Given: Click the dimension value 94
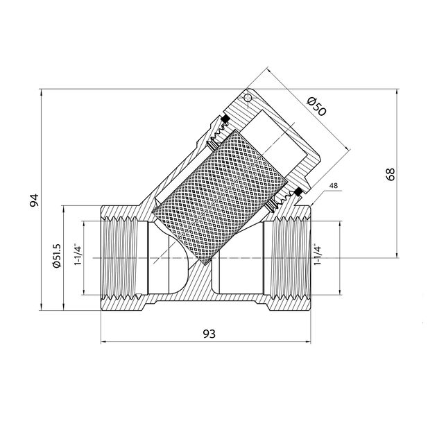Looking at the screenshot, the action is [34, 200].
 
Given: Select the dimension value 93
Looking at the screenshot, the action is [209, 334].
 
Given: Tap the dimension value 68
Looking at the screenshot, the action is [391, 174].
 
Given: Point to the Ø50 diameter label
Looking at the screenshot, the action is [316, 106].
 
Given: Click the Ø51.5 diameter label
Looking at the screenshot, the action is [57, 255].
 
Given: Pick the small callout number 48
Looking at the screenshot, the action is [334, 186].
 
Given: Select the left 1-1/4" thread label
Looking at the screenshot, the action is [78, 255].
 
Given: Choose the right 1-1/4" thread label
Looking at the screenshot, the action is [318, 255].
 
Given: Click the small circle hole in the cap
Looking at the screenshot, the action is [247, 98].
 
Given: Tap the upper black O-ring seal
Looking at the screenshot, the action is [225, 118].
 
